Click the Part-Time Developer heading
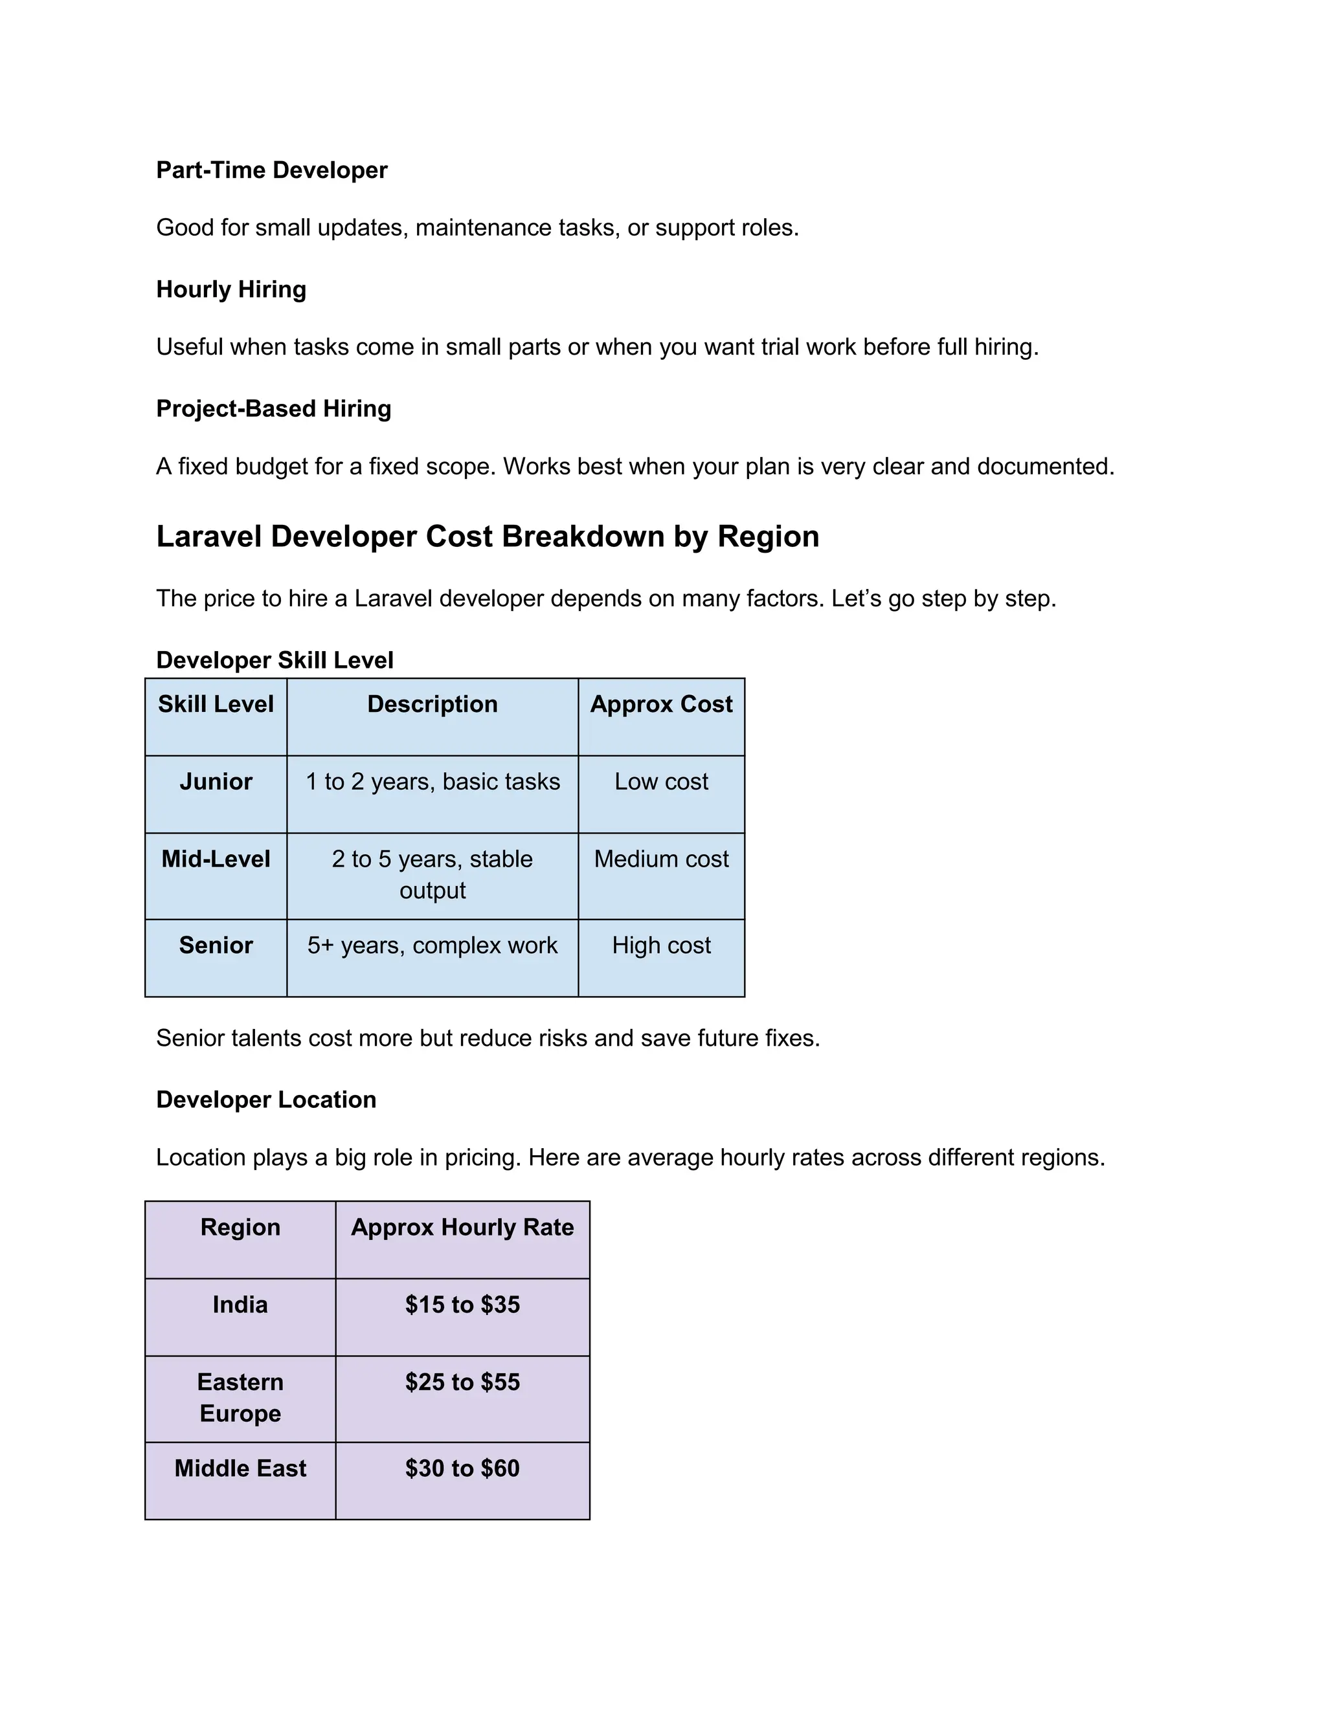271,170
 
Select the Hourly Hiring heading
231,289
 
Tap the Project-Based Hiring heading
273,408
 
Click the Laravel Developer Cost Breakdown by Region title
487,537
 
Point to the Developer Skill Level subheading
274,659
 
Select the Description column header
432,703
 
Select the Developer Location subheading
265,1100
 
